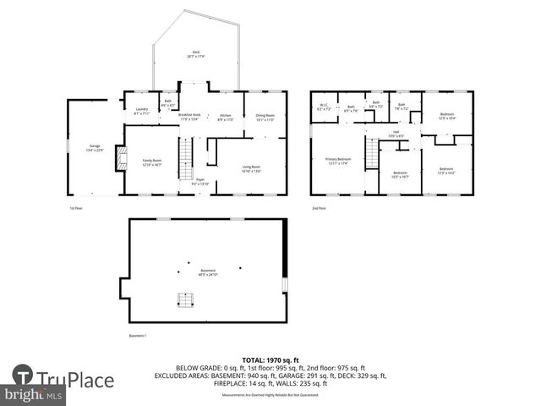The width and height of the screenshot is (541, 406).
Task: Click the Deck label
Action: [x=194, y=53]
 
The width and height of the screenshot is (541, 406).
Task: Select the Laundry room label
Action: [x=142, y=111]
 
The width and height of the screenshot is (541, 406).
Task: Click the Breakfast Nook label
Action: [x=190, y=117]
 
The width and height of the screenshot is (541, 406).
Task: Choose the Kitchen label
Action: [x=225, y=117]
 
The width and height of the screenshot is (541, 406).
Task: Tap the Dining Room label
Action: [x=265, y=117]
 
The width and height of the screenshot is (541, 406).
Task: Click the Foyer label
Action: [x=200, y=181]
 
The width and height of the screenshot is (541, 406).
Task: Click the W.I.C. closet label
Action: [x=323, y=107]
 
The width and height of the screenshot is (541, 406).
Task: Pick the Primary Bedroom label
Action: [x=338, y=161]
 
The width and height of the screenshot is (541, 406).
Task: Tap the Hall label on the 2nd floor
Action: [x=396, y=134]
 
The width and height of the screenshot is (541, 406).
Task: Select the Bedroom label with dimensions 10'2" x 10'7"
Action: [x=400, y=174]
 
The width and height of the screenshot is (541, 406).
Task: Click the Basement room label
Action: [x=208, y=272]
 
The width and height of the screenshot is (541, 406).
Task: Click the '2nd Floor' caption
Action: [x=319, y=208]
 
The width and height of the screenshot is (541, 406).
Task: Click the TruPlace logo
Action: [x=63, y=377]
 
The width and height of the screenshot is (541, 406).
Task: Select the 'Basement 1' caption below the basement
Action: [x=138, y=336]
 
